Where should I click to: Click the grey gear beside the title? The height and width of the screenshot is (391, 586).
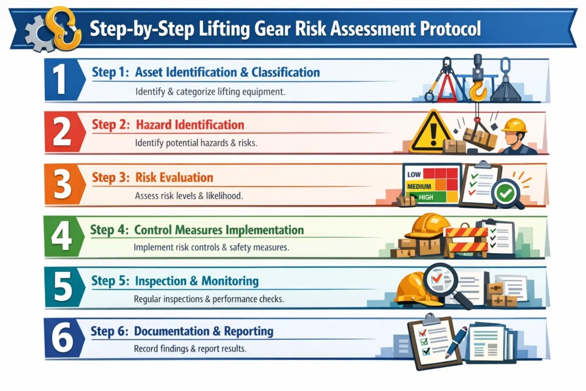[39, 34]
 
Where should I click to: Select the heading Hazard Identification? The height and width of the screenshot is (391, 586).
[189, 125]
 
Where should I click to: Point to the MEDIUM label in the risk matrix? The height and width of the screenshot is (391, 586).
[419, 186]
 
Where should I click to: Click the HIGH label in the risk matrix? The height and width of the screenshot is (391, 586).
[426, 197]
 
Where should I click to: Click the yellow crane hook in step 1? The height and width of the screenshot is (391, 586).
[477, 89]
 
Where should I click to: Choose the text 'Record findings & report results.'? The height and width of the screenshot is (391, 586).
[190, 348]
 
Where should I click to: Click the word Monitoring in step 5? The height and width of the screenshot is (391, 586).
[229, 281]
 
